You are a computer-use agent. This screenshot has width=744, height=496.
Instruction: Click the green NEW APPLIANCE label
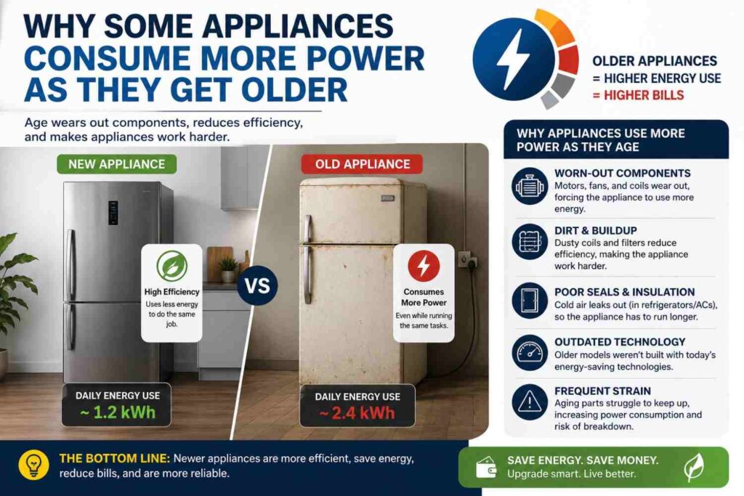pos(117,164)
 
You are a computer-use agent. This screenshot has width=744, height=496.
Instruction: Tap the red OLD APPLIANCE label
pos(362,164)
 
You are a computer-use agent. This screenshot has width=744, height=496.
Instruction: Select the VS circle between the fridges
pos(257,285)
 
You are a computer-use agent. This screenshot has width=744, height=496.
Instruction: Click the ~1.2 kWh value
pos(118,412)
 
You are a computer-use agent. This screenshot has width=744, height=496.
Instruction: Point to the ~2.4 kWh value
pos(357,412)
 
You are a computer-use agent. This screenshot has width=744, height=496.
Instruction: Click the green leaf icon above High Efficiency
pos(171,266)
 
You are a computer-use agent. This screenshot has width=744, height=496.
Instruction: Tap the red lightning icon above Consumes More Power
pos(424,266)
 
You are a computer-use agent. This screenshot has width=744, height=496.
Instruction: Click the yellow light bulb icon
pos(33,465)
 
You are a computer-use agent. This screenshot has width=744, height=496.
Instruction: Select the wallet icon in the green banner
pos(486,468)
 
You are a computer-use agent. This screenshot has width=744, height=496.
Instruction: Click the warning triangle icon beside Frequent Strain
pos(530,402)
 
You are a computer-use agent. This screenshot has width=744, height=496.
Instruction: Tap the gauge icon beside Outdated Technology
pos(530,353)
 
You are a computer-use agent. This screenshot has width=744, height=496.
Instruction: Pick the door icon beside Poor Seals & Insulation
pos(530,301)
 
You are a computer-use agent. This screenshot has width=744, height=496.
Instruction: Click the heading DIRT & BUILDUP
pos(596,230)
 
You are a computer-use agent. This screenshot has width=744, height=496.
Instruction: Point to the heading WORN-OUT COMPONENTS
pos(623,173)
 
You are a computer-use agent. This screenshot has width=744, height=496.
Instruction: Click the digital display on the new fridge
pos(113,213)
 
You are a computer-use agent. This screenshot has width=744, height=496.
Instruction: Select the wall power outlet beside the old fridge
pos(467,260)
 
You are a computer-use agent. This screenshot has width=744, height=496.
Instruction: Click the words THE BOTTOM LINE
pos(114,458)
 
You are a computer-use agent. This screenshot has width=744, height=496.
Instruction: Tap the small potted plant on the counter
pos(228,269)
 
